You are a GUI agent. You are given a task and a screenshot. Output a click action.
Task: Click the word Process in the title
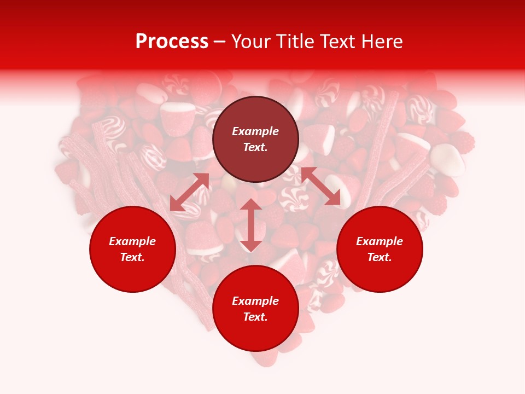(x=172, y=42)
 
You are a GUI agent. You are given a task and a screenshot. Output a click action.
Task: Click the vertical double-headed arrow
(x=251, y=225)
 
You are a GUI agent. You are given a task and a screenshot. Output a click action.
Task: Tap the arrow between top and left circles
(x=190, y=192)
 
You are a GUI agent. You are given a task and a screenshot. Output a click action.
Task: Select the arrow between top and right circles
(x=320, y=187)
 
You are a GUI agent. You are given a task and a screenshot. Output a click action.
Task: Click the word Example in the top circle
(x=255, y=131)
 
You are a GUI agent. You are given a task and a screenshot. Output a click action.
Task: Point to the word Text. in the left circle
(x=132, y=257)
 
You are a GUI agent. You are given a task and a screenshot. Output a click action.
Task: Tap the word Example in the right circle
(x=380, y=241)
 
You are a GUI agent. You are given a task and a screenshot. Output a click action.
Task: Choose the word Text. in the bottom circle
(x=255, y=317)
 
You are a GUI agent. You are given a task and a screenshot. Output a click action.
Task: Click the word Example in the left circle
(x=132, y=241)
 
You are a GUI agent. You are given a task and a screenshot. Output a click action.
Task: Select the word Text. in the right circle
(x=380, y=257)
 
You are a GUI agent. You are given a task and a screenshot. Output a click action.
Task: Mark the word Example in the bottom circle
(x=255, y=301)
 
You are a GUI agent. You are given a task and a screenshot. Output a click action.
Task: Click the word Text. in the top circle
(x=255, y=147)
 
